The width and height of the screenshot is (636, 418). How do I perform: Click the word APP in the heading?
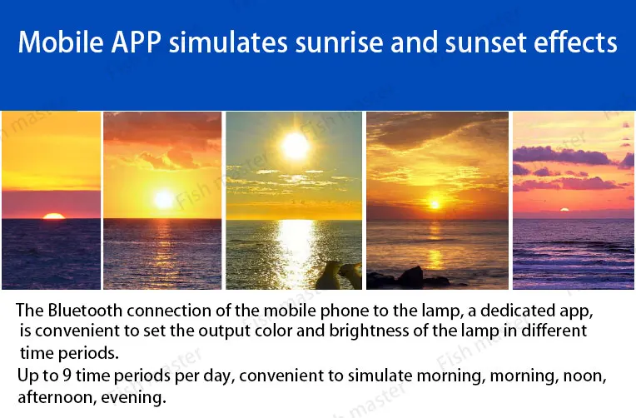pos(136,42)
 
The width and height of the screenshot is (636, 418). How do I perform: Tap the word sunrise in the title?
pos(339,42)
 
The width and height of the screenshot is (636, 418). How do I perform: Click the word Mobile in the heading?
pos(61,42)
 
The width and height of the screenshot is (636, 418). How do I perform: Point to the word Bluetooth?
pos(85,311)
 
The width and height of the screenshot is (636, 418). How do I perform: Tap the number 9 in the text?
pos(67,376)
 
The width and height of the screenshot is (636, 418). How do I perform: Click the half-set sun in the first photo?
pos(54,216)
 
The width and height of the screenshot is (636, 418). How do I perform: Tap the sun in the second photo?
pos(164,199)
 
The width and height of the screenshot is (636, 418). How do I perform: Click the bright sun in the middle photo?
pos(296,146)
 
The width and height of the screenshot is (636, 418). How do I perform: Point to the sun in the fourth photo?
pos(435,204)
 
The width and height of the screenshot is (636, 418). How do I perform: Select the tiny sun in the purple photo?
pos(564,210)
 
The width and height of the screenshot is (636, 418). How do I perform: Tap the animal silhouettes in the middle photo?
pos(339,275)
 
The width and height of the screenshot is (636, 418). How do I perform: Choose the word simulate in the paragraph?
pos(380,376)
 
